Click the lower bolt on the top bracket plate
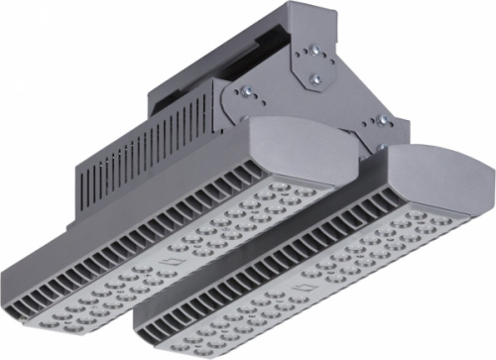(315, 73)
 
